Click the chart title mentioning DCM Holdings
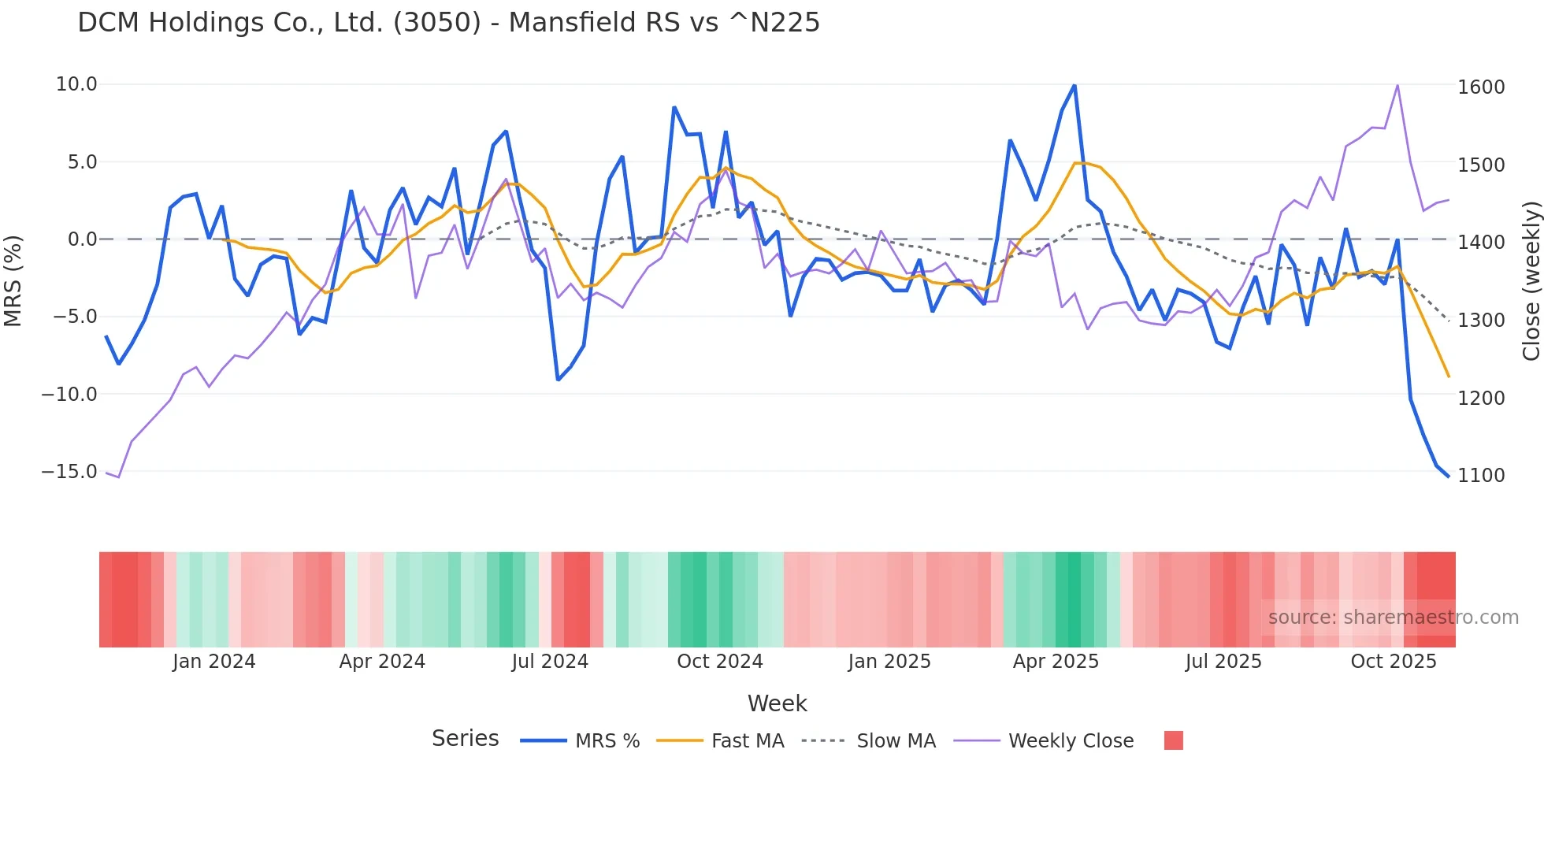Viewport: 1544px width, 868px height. [448, 22]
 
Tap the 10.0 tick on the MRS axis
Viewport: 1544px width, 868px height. [76, 84]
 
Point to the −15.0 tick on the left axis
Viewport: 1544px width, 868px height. [69, 472]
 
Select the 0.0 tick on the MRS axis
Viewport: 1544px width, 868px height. [82, 239]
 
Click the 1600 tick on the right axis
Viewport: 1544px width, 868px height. [1481, 87]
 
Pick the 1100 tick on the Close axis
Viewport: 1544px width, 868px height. [1481, 475]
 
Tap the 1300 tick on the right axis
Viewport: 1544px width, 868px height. [1481, 321]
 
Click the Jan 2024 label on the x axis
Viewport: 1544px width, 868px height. [213, 662]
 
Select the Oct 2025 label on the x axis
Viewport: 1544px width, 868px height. [1393, 662]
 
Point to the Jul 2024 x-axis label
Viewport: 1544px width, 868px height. [550, 662]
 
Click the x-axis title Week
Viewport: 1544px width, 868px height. [777, 703]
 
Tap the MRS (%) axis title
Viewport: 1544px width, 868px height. [13, 280]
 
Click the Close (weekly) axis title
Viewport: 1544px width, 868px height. [1531, 281]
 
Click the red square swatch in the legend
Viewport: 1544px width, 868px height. [1173, 740]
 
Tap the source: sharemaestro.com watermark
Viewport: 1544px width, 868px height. [1393, 618]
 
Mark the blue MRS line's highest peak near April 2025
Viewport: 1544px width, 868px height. [1074, 85]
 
